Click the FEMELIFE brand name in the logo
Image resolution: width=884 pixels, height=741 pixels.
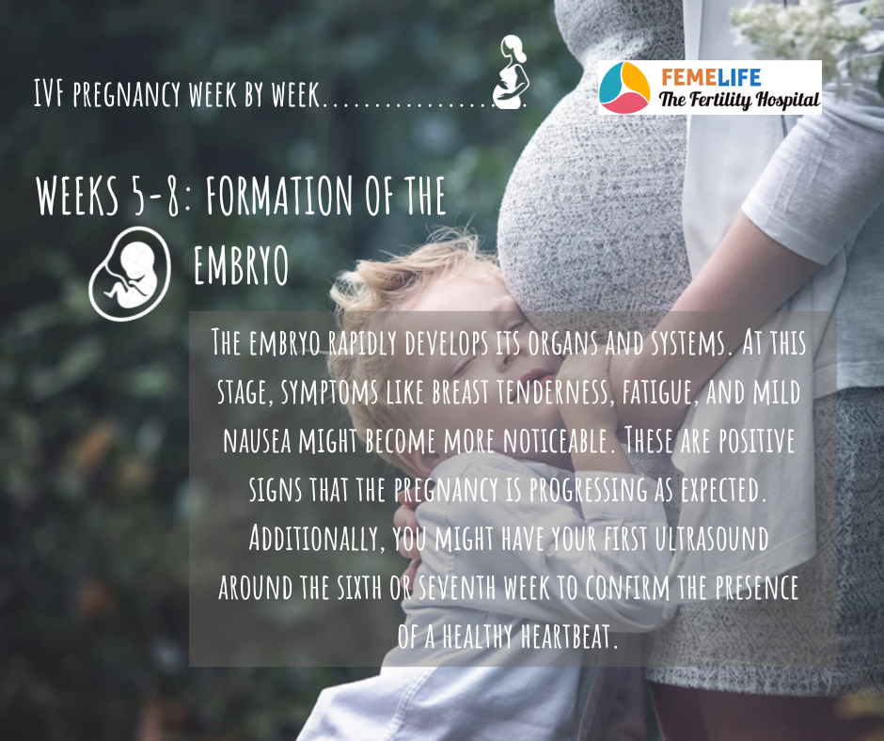711,77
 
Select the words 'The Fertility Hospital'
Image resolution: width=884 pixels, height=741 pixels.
738,101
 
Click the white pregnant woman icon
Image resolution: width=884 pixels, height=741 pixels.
511,71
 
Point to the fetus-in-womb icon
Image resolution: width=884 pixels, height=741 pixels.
130,274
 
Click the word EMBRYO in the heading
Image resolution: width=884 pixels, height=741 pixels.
241,265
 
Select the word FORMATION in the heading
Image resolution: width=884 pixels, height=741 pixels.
279,195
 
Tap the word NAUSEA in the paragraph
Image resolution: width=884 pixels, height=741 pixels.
257,440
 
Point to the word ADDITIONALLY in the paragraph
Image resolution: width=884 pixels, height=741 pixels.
313,539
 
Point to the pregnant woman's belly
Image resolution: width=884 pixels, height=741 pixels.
592,186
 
